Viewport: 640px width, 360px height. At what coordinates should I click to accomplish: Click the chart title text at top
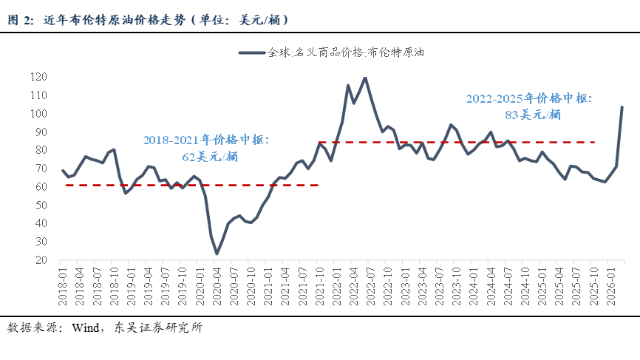point(148,20)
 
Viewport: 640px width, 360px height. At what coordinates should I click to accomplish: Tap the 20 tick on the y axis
point(41,259)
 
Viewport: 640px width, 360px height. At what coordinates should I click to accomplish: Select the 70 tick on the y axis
point(41,169)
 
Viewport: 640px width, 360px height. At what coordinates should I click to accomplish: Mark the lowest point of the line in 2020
point(217,254)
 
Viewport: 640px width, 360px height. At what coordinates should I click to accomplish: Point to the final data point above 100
point(622,107)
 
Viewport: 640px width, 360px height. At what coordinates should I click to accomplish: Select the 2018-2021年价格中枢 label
point(205,140)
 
